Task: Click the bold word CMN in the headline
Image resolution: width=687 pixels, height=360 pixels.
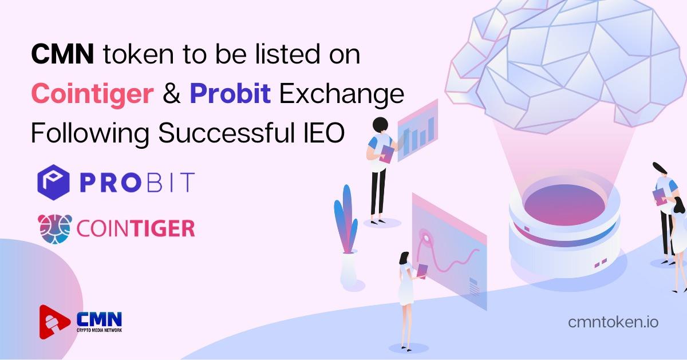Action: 62,54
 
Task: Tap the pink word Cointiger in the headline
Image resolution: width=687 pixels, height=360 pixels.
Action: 92,93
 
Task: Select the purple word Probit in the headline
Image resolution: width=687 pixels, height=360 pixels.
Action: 230,93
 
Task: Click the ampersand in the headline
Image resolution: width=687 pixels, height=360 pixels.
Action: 171,93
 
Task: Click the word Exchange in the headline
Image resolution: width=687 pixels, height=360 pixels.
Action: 342,93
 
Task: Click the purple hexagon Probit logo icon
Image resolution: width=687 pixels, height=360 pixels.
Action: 53,182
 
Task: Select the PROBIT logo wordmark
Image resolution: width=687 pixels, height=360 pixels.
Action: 137,182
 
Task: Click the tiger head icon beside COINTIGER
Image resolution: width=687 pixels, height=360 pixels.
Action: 55,229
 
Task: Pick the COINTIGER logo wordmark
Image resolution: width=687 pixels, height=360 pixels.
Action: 136,229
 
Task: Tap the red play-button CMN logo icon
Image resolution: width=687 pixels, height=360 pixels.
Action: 54,322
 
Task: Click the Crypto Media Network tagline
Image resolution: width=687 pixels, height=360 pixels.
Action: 99,330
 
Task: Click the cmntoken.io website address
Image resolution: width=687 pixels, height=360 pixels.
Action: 613,322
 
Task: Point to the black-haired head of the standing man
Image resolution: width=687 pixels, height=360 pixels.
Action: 380,125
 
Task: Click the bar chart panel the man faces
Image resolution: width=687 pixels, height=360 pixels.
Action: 418,130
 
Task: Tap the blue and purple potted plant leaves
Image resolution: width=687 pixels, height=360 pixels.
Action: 346,219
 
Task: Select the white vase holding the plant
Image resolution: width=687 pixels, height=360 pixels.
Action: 349,268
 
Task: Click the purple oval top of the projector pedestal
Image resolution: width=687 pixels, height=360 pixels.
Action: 564,205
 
